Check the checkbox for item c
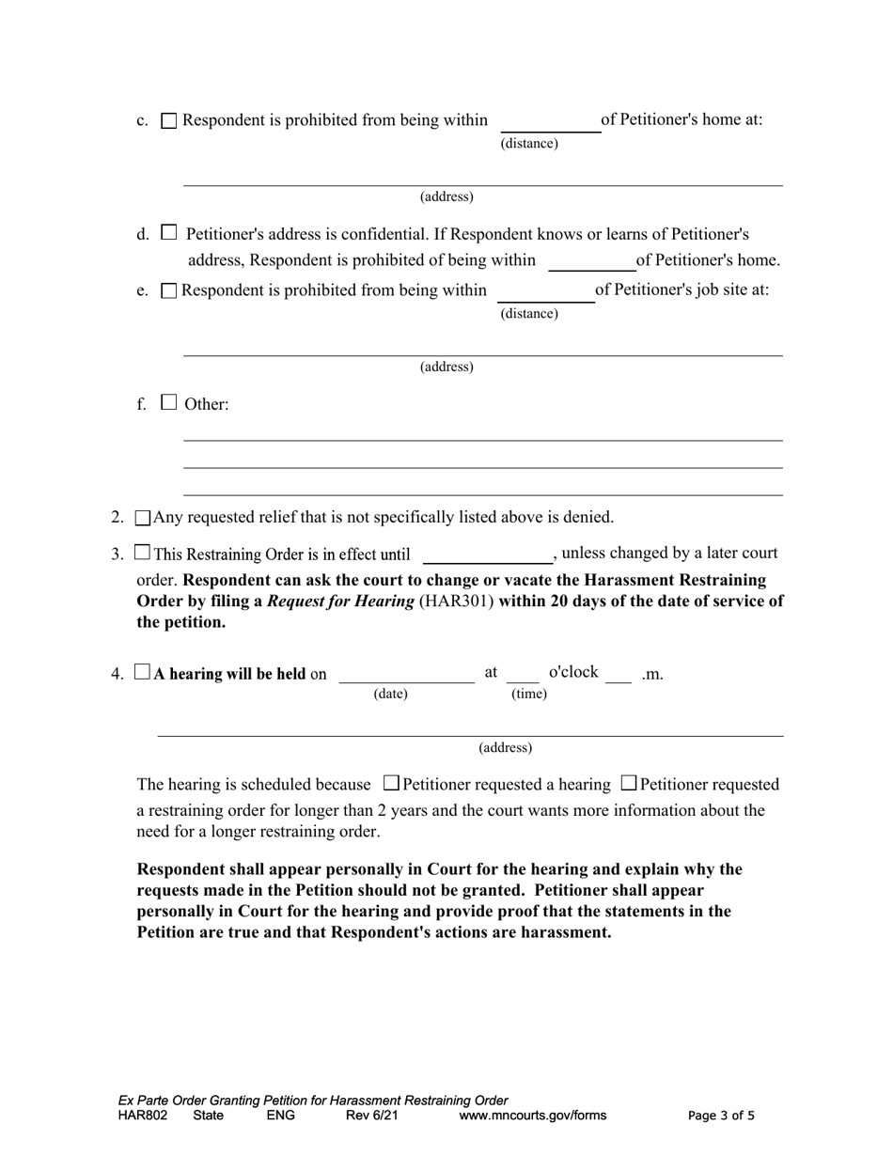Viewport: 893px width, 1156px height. (169, 120)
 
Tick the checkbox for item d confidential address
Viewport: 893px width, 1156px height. (169, 232)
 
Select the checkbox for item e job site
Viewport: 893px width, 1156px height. (169, 290)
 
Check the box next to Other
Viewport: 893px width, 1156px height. (168, 402)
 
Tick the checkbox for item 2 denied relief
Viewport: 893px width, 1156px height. (143, 518)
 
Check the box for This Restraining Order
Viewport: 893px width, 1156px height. (142, 553)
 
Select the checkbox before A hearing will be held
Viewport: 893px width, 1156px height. (142, 672)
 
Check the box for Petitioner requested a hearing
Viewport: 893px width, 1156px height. (392, 783)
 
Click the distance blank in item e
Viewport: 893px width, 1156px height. (545, 293)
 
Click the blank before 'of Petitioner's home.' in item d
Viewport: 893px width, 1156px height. (591, 262)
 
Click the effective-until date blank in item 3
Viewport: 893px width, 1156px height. (487, 555)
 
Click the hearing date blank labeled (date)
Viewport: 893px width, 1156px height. (406, 674)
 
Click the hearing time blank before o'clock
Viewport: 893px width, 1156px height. (523, 674)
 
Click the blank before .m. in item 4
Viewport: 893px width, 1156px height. (618, 674)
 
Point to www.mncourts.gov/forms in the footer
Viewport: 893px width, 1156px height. (532, 1116)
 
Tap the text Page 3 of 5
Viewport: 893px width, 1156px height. (721, 1116)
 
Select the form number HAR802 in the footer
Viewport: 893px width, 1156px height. (143, 1116)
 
